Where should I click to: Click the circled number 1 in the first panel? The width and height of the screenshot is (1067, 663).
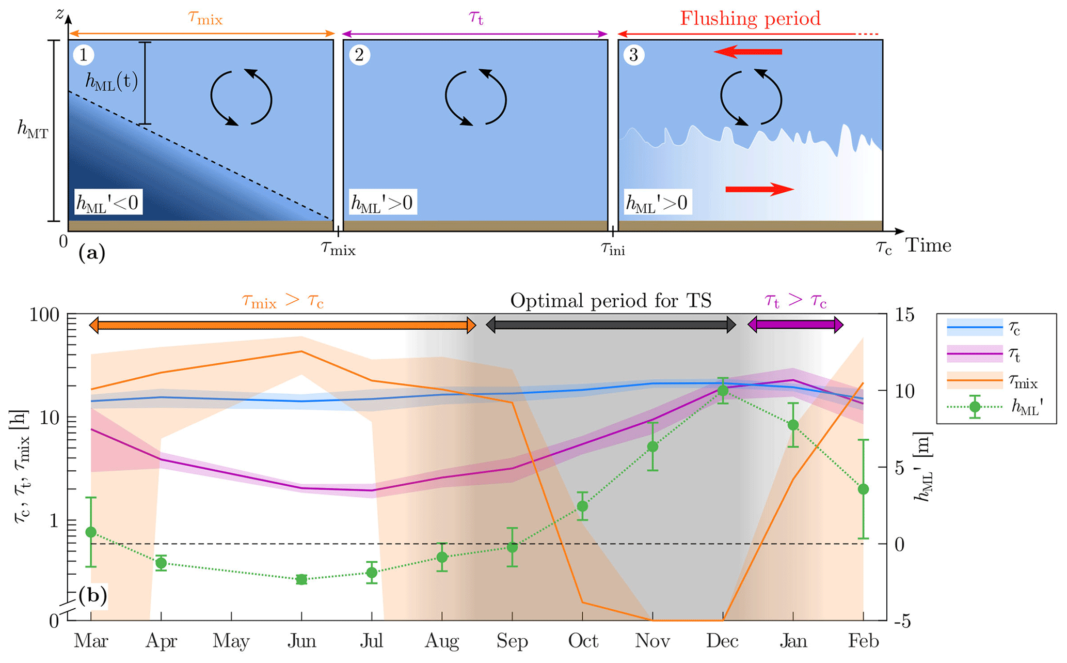pos(83,55)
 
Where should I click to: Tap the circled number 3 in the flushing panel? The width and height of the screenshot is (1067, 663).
pos(634,55)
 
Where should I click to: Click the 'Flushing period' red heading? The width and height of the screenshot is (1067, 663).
pos(750,19)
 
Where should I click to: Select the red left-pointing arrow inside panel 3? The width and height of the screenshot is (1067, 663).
pos(748,52)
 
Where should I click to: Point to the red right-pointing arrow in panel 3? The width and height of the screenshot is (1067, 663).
pos(759,189)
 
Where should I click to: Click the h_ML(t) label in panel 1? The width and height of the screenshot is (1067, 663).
pos(112,81)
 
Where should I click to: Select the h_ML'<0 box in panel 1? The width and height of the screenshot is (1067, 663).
pos(107,203)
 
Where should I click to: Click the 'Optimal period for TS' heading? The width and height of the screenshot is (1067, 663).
pos(611,301)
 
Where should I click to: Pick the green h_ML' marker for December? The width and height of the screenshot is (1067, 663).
pos(723,391)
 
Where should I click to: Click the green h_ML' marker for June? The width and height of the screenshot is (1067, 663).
pos(301,579)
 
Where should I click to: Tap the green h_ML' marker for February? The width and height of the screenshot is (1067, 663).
pos(863,489)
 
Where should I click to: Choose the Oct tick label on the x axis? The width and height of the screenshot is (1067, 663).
pos(583,641)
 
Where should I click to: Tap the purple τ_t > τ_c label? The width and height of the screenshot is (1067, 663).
pos(795,301)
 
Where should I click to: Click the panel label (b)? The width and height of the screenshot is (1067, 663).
pos(93,595)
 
